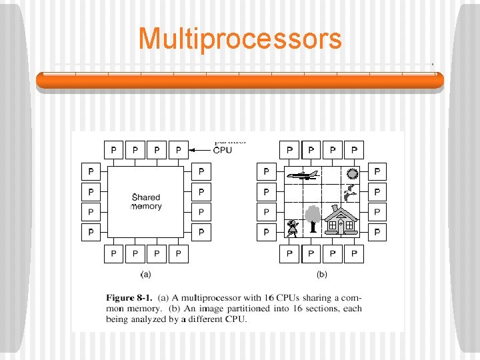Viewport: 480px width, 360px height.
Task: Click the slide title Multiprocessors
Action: pyautogui.click(x=239, y=39)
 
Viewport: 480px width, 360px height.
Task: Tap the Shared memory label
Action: pyautogui.click(x=146, y=201)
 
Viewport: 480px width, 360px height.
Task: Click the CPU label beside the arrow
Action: pyautogui.click(x=223, y=150)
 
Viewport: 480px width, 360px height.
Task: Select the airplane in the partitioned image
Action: pyautogui.click(x=302, y=175)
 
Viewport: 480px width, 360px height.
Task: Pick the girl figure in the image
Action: pyautogui.click(x=291, y=228)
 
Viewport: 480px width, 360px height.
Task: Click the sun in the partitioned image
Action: pyautogui.click(x=353, y=174)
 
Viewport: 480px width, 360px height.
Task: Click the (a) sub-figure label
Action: pyautogui.click(x=145, y=274)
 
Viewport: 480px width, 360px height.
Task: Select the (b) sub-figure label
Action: pyautogui.click(x=321, y=274)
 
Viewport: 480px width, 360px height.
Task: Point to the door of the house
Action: pyautogui.click(x=341, y=227)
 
